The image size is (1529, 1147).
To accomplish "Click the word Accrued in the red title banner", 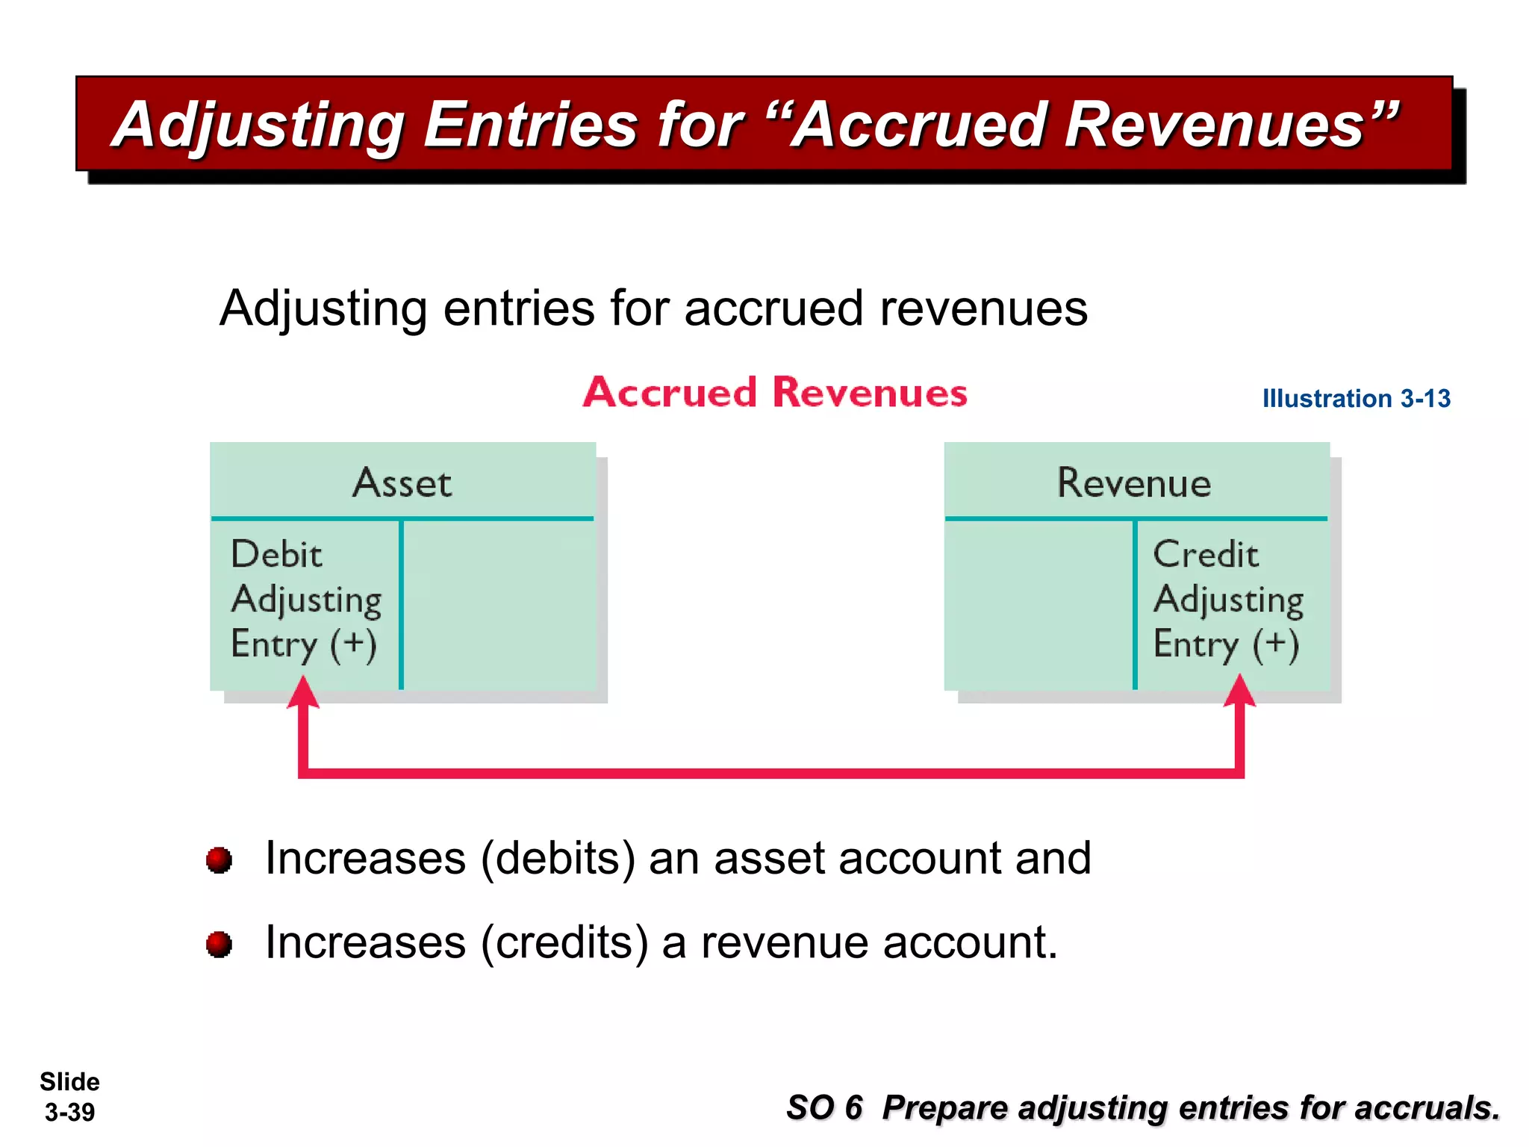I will (923, 125).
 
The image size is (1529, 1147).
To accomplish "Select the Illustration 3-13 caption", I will (1356, 399).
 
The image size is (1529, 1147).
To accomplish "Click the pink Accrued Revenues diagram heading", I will (774, 393).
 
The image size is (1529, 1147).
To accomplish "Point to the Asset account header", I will (402, 483).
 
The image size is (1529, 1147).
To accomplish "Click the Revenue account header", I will (1133, 483).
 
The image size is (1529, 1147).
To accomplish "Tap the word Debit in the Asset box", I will (276, 555).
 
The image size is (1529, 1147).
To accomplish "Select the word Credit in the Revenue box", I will (1205, 555).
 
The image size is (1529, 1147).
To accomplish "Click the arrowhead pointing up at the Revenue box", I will (1239, 691).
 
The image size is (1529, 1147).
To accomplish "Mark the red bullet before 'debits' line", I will (219, 860).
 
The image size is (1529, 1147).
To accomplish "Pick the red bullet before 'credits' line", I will (219, 944).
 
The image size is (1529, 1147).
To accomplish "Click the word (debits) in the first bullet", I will (558, 859).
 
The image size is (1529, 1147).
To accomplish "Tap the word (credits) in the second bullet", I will (564, 943).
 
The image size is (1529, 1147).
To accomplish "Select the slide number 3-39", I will (69, 1113).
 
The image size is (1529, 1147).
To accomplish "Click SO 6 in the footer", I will (824, 1107).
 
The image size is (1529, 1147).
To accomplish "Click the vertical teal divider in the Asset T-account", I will (401, 605).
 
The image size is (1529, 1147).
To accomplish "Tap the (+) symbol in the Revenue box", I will (1275, 644).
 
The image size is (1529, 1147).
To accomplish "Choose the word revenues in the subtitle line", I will (983, 308).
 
